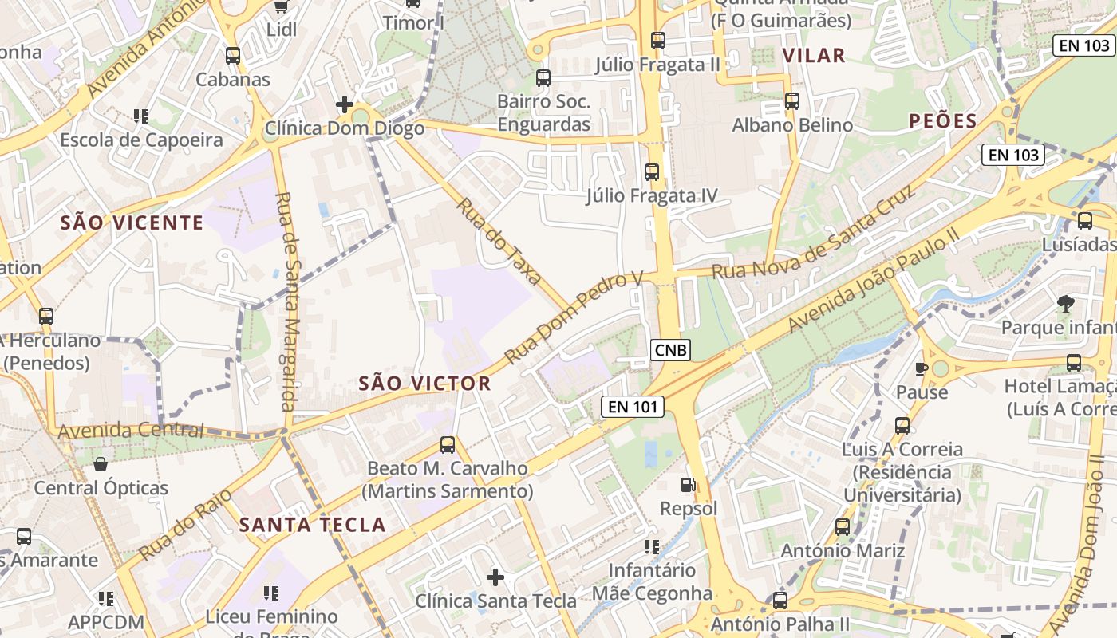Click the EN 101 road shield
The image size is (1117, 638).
tap(633, 407)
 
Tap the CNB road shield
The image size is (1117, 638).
tap(670, 349)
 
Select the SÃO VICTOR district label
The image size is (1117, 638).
tap(424, 384)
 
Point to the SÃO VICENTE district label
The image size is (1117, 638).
tap(132, 223)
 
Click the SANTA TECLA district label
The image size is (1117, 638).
tap(313, 525)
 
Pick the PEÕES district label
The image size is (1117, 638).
tap(943, 121)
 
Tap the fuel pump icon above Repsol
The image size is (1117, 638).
tap(688, 484)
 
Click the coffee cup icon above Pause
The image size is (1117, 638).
tap(922, 368)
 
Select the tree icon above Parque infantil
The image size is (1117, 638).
tap(1065, 303)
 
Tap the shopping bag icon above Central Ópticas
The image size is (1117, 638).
tap(101, 463)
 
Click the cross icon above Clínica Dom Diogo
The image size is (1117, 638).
tap(345, 104)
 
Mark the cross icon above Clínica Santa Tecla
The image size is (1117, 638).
tap(495, 577)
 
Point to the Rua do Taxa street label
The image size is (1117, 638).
tap(499, 242)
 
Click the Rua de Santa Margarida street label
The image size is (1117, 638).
tap(287, 301)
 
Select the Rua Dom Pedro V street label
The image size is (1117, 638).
tap(574, 317)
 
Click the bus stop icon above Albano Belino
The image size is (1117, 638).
tap(791, 101)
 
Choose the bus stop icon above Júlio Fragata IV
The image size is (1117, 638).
tap(652, 171)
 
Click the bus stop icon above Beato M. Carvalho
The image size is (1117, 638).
tap(448, 444)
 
